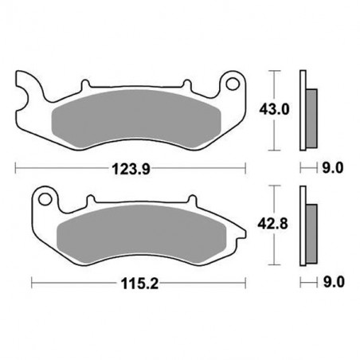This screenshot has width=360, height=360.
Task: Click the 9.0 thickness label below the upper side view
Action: point(332,168)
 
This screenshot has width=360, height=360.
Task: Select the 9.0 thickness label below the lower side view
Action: point(332,282)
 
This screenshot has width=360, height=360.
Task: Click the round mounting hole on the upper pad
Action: point(233,82)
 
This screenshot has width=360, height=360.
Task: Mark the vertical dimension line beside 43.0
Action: point(274,110)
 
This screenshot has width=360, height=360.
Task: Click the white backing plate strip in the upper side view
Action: point(303,110)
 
